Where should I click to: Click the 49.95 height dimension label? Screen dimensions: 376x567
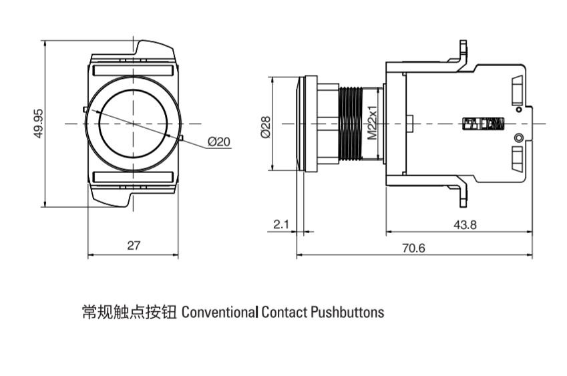(38, 124)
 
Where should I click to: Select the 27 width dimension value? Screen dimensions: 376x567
(134, 246)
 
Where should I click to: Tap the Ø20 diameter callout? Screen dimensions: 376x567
(218, 142)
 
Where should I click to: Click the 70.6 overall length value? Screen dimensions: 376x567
(413, 248)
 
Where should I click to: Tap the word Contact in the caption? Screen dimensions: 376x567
(285, 312)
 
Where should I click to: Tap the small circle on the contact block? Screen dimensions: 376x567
(518, 138)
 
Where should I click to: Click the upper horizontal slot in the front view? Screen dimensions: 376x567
(134, 69)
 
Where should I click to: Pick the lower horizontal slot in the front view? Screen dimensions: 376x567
(134, 177)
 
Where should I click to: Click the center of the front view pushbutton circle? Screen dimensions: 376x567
(134, 124)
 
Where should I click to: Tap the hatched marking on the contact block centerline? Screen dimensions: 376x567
(484, 124)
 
